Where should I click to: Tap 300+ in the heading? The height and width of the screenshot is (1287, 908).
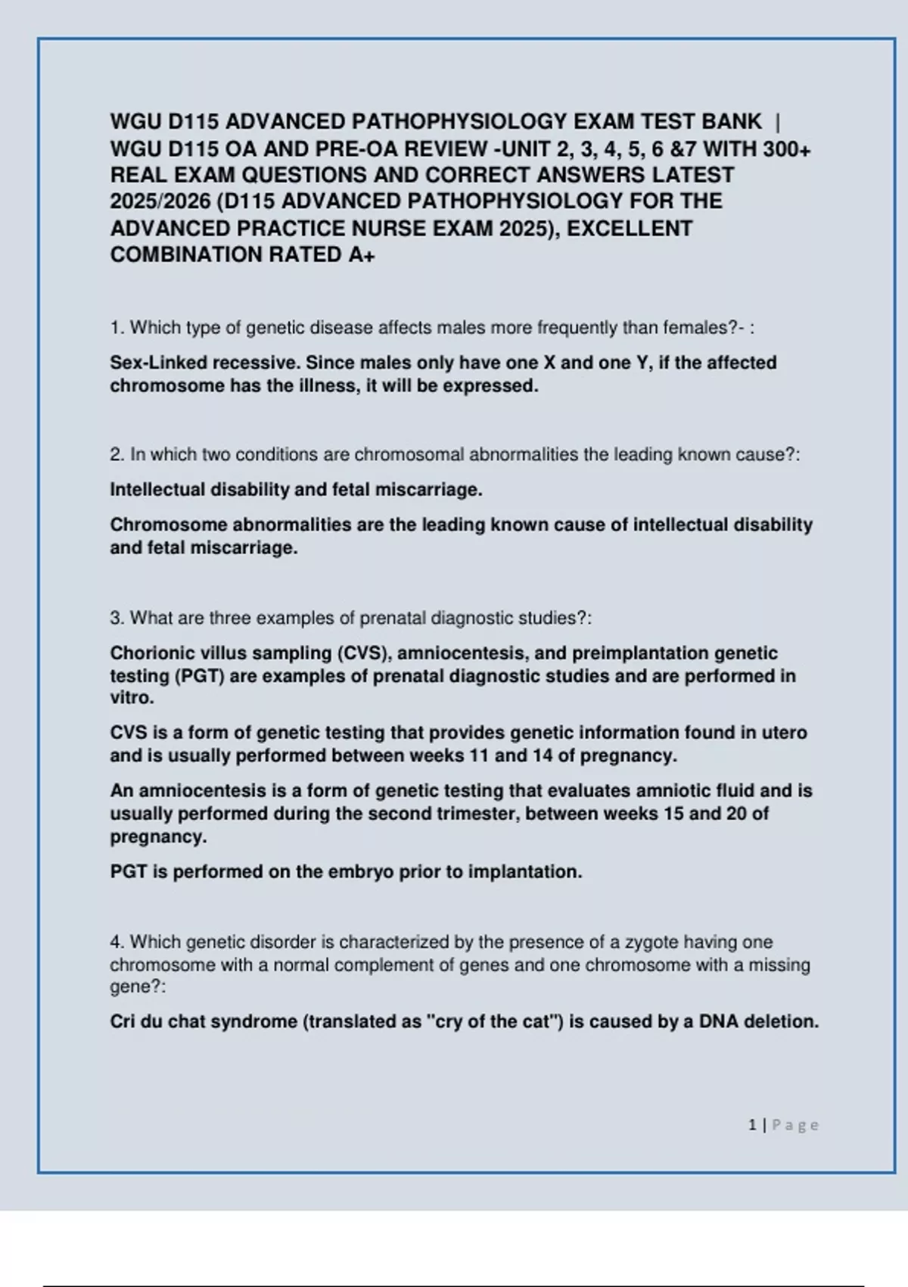(x=787, y=148)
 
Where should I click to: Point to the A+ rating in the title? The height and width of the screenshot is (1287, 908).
(x=362, y=255)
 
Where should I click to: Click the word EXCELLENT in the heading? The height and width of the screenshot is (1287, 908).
(x=630, y=229)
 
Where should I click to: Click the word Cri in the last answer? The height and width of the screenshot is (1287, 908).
(x=123, y=1022)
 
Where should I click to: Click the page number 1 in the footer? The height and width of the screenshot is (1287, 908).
(x=752, y=1126)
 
